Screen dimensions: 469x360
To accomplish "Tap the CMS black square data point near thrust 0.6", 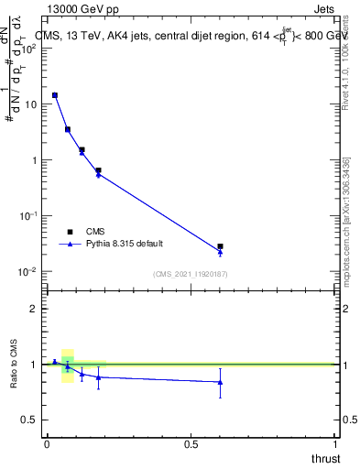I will tap(220, 246).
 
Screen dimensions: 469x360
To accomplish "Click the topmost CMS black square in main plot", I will tap(55, 95).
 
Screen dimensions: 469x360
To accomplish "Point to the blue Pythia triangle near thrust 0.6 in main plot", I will tap(220, 252).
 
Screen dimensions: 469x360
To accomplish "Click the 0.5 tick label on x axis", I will tap(191, 444).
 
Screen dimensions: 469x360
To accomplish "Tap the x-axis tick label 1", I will tap(336, 444).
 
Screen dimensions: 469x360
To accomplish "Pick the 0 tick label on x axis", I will tap(47, 444).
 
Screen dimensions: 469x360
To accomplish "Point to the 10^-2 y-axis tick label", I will tap(27, 272).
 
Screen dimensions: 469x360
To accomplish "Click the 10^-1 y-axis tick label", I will tap(27, 216).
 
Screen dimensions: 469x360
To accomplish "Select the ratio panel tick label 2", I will tap(33, 309).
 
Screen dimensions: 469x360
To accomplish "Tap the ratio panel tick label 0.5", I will tap(28, 420).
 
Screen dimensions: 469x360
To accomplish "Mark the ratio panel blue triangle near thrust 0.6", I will tap(220, 382).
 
